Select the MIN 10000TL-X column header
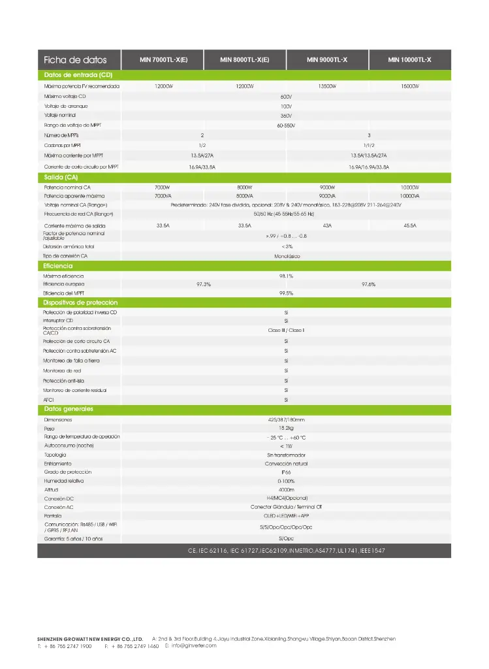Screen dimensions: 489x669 pyautogui.click(x=409, y=60)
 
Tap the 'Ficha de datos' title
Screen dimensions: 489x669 pyautogui.click(x=75, y=60)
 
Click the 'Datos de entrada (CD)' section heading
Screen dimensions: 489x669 pyautogui.click(x=78, y=75)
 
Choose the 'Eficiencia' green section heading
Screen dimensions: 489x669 pyautogui.click(x=58, y=266)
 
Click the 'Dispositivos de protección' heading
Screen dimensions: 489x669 pyautogui.click(x=80, y=302)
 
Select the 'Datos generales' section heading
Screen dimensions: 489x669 pyautogui.click(x=69, y=409)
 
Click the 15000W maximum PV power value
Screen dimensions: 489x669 pyautogui.click(x=410, y=86)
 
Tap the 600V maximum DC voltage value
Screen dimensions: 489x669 pyautogui.click(x=285, y=96)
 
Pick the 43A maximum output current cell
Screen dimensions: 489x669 pyautogui.click(x=327, y=225)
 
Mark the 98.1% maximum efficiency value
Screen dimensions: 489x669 pyautogui.click(x=286, y=276)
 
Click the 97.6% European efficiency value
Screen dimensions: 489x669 pyautogui.click(x=368, y=284)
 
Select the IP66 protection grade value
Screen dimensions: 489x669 pyautogui.click(x=286, y=472)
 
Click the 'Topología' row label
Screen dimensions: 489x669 pyautogui.click(x=55, y=454)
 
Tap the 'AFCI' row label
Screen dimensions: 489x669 pyautogui.click(x=50, y=399)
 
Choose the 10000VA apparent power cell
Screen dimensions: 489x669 pyautogui.click(x=410, y=196)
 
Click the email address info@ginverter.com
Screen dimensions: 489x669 pyautogui.click(x=193, y=645)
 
